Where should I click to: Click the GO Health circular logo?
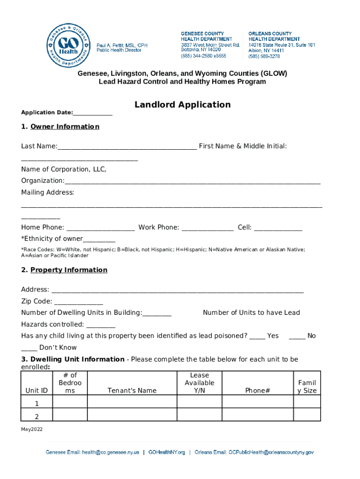point(68,45)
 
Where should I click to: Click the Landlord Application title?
point(182,105)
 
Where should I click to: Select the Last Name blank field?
point(127,147)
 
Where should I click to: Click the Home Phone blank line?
point(101,228)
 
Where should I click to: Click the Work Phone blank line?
point(207,228)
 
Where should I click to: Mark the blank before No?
point(297,336)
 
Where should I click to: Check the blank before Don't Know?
point(29,348)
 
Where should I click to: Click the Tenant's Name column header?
point(132,391)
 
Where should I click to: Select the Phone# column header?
point(257,391)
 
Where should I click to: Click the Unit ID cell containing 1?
point(36,403)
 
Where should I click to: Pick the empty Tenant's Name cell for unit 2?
point(132,415)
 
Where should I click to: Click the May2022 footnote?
point(31,429)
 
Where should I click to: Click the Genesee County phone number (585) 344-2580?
point(203,56)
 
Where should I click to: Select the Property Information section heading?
point(69,270)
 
